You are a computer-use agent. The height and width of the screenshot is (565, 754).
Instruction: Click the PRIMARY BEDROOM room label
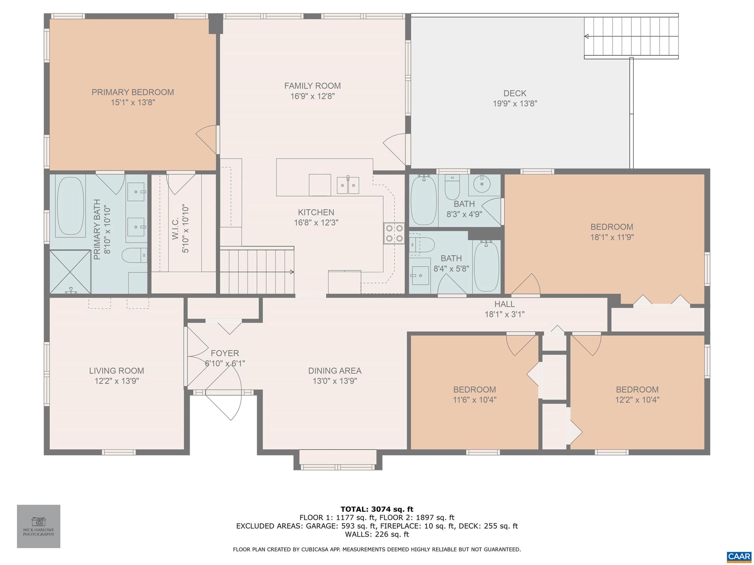[133, 92]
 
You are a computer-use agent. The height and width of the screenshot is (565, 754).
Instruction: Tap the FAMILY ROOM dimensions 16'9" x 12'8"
[312, 96]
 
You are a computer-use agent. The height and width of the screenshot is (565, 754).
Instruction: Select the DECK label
[515, 93]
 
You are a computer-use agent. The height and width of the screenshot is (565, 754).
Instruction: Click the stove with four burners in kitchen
[394, 233]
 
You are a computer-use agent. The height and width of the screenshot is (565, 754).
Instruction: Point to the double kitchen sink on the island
[348, 185]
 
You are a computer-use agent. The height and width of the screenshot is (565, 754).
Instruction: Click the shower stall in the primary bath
[70, 271]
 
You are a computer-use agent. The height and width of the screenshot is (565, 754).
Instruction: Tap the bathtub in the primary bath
[70, 206]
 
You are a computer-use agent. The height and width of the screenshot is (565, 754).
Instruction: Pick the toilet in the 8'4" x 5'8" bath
[423, 245]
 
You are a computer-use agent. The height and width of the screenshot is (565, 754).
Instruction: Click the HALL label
[504, 304]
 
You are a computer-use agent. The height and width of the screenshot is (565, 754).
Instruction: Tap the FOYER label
[225, 353]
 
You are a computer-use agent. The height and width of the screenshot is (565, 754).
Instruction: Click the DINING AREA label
[335, 371]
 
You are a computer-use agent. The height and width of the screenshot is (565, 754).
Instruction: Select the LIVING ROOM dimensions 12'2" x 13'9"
[116, 381]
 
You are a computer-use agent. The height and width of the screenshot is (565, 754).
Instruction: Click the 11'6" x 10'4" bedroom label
[474, 390]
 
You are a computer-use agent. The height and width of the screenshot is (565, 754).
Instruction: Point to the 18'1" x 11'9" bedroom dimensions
[612, 238]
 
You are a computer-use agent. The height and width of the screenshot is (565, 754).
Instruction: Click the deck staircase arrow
[586, 36]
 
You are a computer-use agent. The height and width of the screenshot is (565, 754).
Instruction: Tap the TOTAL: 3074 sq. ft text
[377, 509]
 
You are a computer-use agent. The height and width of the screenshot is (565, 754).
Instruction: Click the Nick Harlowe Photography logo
[38, 526]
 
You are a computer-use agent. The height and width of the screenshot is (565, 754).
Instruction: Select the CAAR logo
[739, 556]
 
